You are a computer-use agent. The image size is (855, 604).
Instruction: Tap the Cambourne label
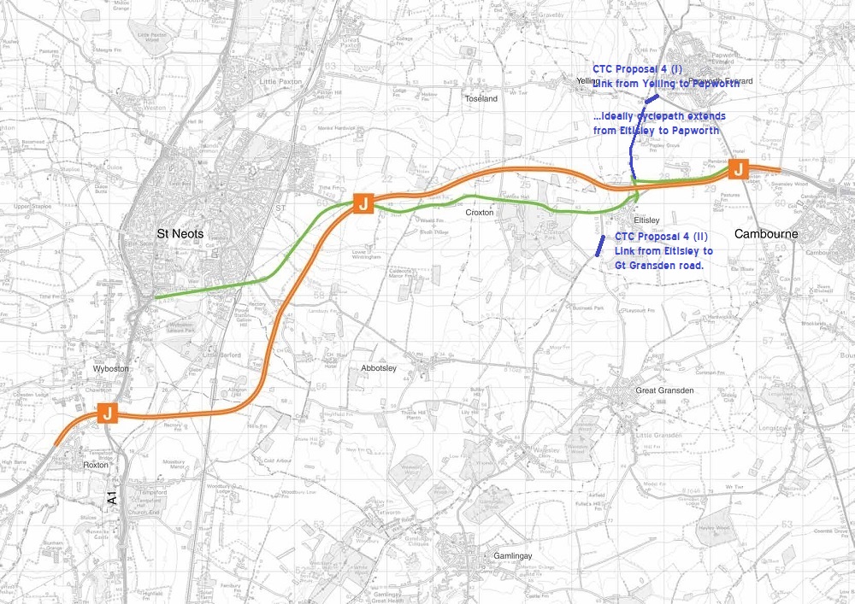(x=760, y=232)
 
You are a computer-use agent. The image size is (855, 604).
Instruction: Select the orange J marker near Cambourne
(x=736, y=171)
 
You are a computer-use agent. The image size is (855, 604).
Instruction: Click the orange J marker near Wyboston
(x=107, y=413)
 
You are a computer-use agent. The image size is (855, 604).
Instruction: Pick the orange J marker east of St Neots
(x=362, y=203)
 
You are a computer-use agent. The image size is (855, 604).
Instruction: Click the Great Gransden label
(x=663, y=390)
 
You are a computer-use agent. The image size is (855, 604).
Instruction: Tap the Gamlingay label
(x=512, y=556)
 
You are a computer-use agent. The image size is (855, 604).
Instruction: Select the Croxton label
(x=481, y=212)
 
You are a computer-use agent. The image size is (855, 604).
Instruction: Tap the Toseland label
(x=481, y=99)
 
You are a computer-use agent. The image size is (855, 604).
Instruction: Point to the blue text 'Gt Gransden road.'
(x=658, y=265)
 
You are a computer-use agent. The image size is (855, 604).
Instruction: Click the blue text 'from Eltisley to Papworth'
(x=656, y=130)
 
